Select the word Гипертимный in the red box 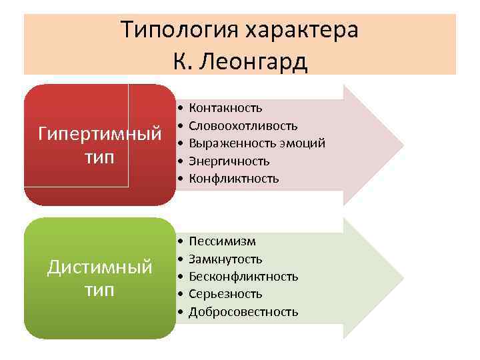click(x=100, y=133)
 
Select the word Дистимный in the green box click(x=100, y=267)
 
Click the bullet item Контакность click(x=225, y=108)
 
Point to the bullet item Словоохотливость click(x=243, y=126)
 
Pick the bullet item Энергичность click(x=229, y=161)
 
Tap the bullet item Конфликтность click(x=234, y=178)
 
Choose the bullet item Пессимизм click(x=222, y=241)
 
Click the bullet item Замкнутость click(x=225, y=259)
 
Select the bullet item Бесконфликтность click(x=243, y=276)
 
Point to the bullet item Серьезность click(x=225, y=293)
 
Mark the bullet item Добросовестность click(x=243, y=311)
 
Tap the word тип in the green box click(x=100, y=291)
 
